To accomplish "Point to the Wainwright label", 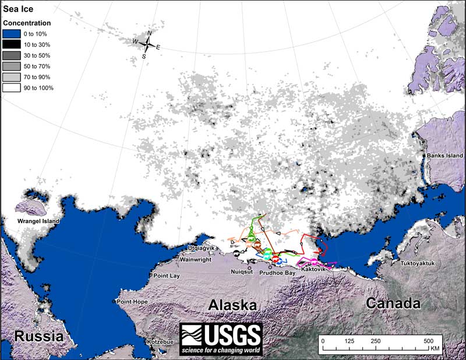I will point(195,259).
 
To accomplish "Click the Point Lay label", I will point(167,275).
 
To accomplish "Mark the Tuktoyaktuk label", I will point(418,263).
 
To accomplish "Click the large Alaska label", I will point(233,305).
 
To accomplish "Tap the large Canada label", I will point(393,303).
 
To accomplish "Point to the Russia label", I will point(38,336).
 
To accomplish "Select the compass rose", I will point(149,45).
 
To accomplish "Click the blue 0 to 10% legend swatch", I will point(11,33).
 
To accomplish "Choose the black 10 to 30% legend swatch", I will point(11,44).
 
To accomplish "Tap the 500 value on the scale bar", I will point(428,341).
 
